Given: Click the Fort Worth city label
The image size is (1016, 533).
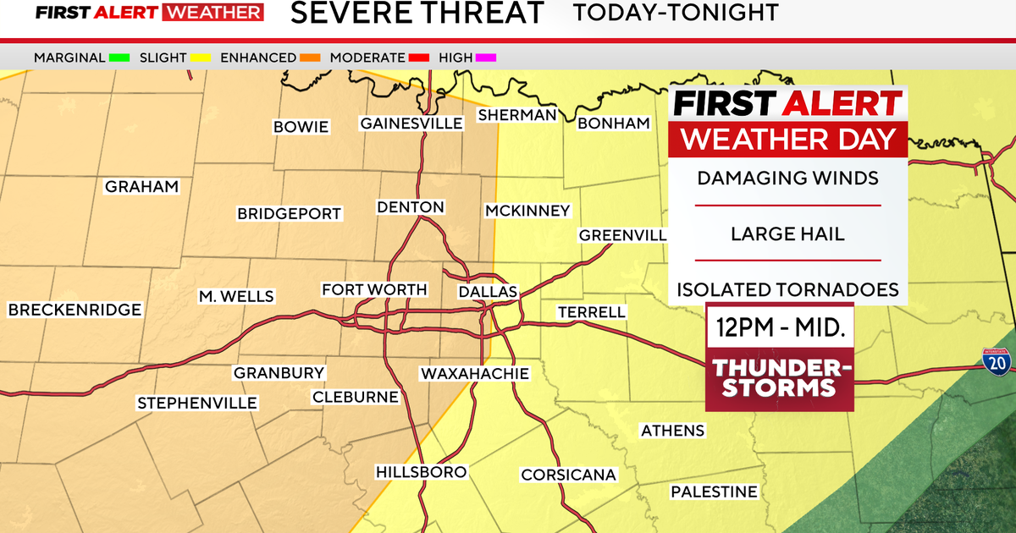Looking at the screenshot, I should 374,290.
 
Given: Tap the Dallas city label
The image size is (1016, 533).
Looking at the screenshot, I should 487,292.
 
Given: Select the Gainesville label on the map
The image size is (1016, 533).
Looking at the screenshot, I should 411,124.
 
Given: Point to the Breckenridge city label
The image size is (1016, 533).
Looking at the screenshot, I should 75,310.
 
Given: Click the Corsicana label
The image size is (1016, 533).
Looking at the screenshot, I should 568,475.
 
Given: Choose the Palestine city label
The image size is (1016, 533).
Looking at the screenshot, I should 714,492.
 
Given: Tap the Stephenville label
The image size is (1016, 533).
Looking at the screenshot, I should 197,403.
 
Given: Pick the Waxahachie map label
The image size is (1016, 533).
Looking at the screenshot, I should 474,373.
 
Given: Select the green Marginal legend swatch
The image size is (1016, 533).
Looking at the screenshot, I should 118,58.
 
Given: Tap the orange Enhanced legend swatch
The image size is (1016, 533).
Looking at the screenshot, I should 309,58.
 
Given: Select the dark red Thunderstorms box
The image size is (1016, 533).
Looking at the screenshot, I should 780,378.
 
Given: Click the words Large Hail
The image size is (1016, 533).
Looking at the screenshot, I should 788,234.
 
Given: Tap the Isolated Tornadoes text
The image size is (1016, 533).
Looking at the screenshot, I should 788,289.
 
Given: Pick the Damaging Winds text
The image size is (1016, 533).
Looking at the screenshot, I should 788,179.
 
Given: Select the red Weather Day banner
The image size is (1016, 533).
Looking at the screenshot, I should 788,139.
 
